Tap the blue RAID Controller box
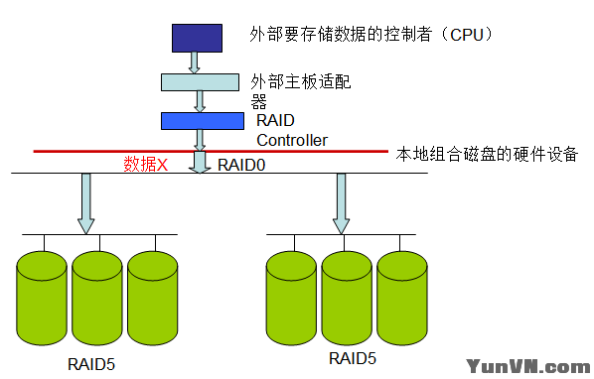pyautogui.click(x=202, y=120)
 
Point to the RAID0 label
pyautogui.click(x=241, y=165)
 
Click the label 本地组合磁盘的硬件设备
pyautogui.click(x=487, y=155)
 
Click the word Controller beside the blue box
pyautogui.click(x=292, y=140)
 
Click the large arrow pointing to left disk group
pyautogui.click(x=85, y=202)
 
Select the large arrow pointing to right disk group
pyautogui.click(x=342, y=202)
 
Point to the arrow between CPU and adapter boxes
pyautogui.click(x=196, y=63)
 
